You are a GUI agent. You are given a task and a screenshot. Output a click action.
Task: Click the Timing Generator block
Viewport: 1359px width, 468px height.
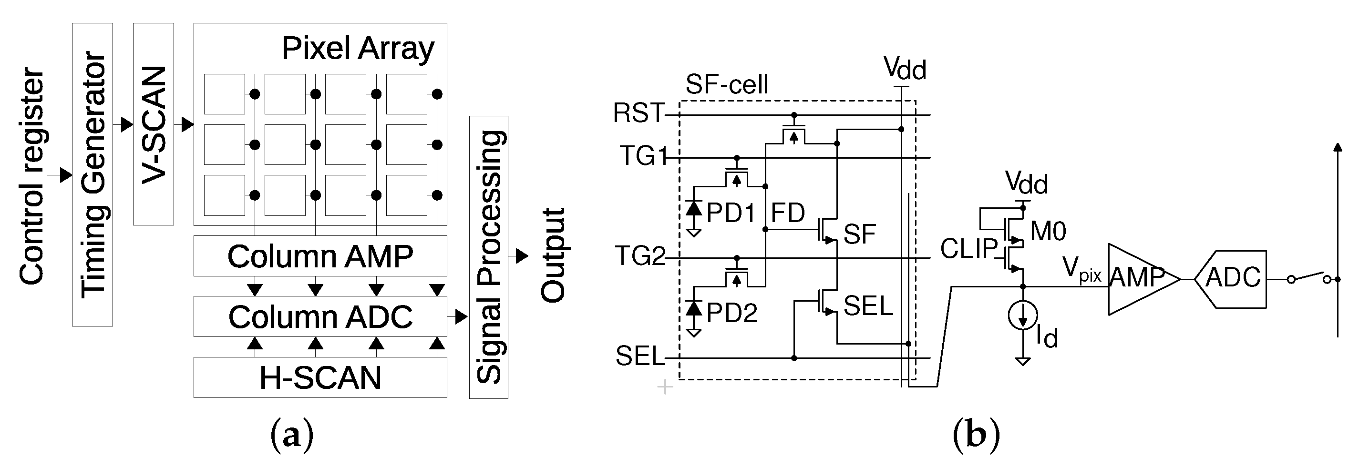pos(93,174)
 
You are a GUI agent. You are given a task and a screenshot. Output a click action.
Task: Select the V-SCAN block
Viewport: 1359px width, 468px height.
pos(154,124)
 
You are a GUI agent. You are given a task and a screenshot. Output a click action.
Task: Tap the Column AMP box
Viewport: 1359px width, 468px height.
pos(320,256)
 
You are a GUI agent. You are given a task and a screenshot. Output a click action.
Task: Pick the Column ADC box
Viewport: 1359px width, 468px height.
pos(320,317)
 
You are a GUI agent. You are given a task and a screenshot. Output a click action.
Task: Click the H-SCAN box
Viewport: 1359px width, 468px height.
pos(320,377)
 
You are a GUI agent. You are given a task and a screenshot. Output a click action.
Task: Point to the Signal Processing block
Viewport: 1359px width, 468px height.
pos(488,257)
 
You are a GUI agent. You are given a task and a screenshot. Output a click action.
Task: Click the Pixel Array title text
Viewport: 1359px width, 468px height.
pos(358,49)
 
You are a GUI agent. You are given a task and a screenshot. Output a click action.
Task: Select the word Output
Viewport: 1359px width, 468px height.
pos(554,255)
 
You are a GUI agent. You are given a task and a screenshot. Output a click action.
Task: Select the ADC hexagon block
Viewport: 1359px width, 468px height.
pos(1231,279)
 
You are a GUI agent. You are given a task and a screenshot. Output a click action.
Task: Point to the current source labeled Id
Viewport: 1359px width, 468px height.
pos(1022,315)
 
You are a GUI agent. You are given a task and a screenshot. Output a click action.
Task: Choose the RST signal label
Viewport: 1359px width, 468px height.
pos(638,113)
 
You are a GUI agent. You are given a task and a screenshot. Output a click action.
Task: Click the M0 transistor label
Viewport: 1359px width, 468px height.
pos(1048,231)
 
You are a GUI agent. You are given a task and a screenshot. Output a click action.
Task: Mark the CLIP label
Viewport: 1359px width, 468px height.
pos(968,249)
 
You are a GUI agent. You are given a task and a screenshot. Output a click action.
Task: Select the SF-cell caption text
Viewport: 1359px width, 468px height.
pos(726,84)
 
